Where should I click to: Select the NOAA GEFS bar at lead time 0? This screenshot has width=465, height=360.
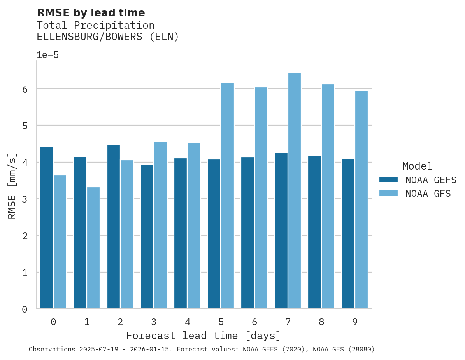[x=46, y=228]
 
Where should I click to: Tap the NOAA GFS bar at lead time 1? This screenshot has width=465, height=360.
[x=93, y=248]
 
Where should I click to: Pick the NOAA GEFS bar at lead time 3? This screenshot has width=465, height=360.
[x=147, y=237]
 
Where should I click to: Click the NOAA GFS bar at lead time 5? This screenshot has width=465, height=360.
[x=227, y=196]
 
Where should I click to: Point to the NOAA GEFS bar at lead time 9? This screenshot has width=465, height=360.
[x=348, y=234]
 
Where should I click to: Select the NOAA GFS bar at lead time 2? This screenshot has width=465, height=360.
[x=127, y=234]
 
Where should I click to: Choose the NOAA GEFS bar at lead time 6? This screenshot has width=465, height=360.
[x=247, y=233]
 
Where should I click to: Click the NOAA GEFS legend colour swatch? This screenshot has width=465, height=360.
[x=388, y=180]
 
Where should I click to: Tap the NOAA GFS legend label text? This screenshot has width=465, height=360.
[x=428, y=194]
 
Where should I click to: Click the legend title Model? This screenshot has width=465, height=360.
[x=417, y=166]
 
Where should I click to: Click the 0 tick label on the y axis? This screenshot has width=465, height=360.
[x=25, y=309]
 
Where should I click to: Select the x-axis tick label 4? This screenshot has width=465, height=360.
[x=187, y=322]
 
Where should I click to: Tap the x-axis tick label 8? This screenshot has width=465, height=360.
[x=321, y=322]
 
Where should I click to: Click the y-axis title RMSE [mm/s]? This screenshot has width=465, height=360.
[x=12, y=186]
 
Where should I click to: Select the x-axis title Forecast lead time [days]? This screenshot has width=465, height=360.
[x=203, y=336]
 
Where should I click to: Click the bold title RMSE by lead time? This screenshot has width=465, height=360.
[x=91, y=13]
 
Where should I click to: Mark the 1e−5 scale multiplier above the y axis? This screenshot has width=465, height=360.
[x=47, y=55]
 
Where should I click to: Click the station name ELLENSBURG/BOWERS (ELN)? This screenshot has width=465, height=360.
[x=108, y=37]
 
